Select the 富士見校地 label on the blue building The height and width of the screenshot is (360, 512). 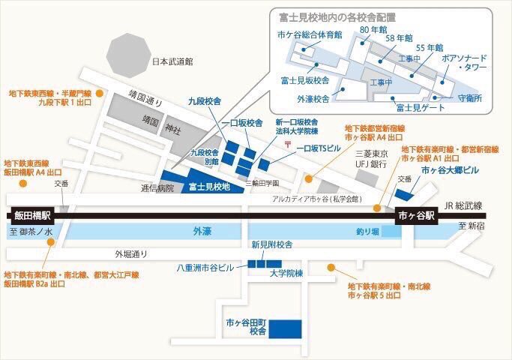(209, 186)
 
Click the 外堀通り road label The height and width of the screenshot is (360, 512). (131, 253)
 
